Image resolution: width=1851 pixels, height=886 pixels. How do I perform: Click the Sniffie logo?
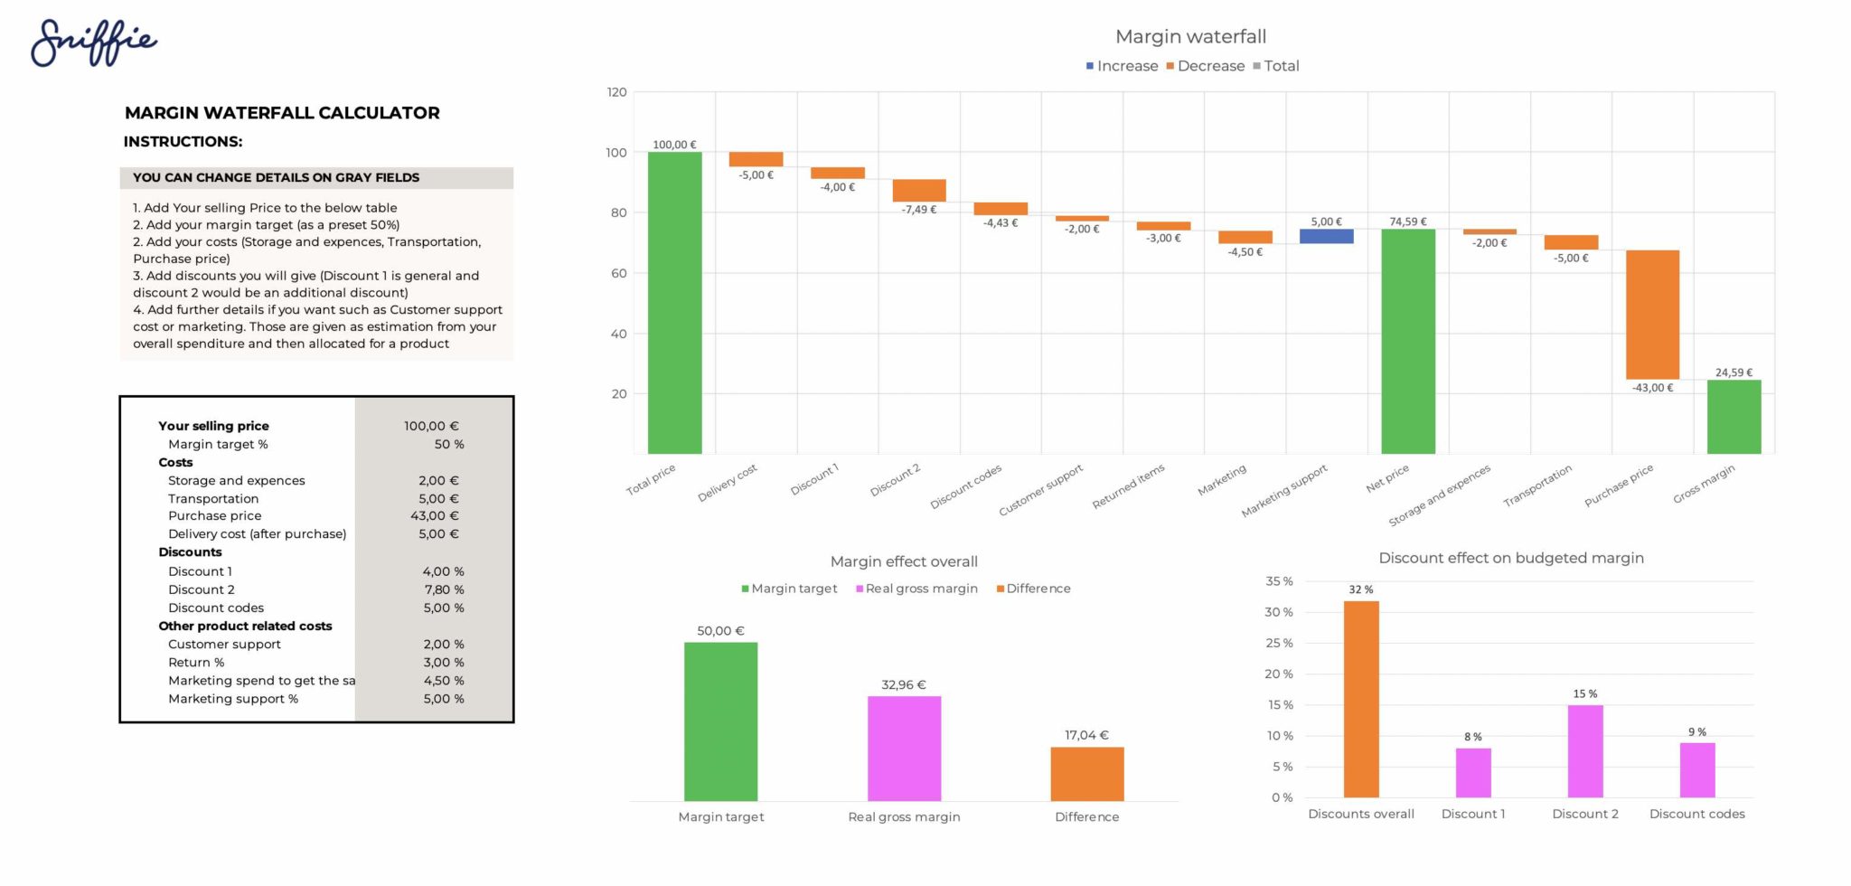click(94, 42)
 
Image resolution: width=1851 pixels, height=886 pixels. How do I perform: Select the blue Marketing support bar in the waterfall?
click(1326, 236)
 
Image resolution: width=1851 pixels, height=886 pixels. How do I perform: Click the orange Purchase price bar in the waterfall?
click(1652, 315)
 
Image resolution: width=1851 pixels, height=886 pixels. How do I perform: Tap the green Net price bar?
click(1407, 342)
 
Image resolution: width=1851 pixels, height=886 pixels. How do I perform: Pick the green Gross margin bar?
click(1734, 417)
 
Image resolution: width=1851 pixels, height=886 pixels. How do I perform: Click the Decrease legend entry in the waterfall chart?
click(1205, 66)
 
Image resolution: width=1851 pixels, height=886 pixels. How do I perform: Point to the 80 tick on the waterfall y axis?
click(617, 212)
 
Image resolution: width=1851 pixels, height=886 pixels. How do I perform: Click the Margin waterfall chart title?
click(1190, 37)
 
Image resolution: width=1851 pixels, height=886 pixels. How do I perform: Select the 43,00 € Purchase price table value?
click(434, 516)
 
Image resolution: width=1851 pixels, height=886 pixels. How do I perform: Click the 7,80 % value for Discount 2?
click(444, 589)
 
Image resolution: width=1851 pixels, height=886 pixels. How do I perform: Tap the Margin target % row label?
click(218, 444)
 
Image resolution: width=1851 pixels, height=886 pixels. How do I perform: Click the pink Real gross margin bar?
click(904, 749)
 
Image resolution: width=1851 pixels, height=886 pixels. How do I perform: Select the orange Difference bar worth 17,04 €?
click(1086, 774)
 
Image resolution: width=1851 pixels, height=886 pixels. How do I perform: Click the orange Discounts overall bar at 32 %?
click(1361, 699)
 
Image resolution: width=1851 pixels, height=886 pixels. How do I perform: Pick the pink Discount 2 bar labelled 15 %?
click(1585, 751)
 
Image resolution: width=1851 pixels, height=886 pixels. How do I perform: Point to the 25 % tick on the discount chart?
click(1280, 643)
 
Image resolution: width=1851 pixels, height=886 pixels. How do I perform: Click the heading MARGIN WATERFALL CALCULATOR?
click(282, 113)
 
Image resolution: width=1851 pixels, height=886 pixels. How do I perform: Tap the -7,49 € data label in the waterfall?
click(918, 210)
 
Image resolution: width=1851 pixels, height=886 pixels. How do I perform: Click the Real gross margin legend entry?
click(916, 589)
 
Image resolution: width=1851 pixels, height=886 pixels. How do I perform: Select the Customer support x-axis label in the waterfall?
click(1041, 491)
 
